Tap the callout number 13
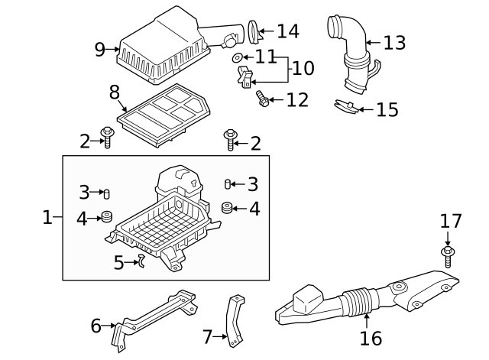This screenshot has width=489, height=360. [x=394, y=43]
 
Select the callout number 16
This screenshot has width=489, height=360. [x=371, y=337]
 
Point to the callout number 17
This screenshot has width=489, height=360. [x=451, y=222]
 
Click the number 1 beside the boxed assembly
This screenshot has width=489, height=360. [x=47, y=218]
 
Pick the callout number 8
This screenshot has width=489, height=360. [x=115, y=92]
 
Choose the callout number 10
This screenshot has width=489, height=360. [x=303, y=68]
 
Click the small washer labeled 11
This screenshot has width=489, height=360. [x=238, y=58]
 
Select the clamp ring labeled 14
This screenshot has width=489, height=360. [x=255, y=32]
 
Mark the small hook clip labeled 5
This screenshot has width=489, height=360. [x=141, y=261]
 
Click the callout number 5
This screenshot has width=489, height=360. [x=118, y=263]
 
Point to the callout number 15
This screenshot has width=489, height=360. [x=387, y=109]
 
